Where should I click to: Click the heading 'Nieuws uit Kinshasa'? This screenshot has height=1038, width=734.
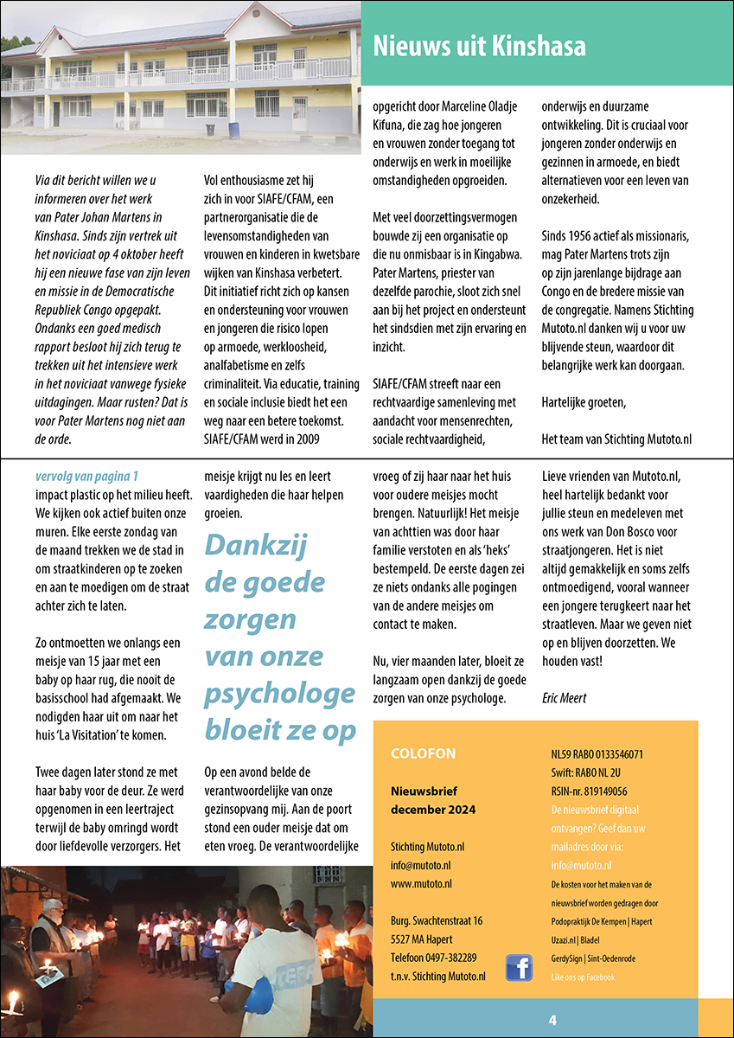coord(479,45)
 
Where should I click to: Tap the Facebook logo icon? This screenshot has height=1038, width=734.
coord(519,967)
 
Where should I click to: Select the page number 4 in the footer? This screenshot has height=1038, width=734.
coord(552,1020)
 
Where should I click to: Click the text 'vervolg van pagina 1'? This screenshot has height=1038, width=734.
coord(86,476)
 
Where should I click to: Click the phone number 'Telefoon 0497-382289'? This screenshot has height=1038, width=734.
coord(433,958)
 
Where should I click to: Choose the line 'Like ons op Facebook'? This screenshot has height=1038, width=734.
coord(583,977)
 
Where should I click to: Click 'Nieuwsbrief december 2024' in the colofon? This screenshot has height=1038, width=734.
coord(432,800)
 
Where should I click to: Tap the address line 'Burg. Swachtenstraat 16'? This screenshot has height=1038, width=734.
coord(437,920)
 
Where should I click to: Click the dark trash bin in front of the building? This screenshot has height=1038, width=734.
coord(210,129)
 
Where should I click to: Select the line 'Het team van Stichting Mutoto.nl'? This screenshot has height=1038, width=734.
coord(616,439)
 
